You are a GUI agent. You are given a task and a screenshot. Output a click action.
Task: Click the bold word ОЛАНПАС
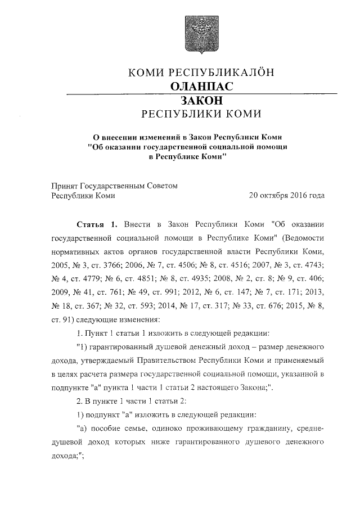click(201, 86)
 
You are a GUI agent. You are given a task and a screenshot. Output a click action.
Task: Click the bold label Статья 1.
click(96, 224)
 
